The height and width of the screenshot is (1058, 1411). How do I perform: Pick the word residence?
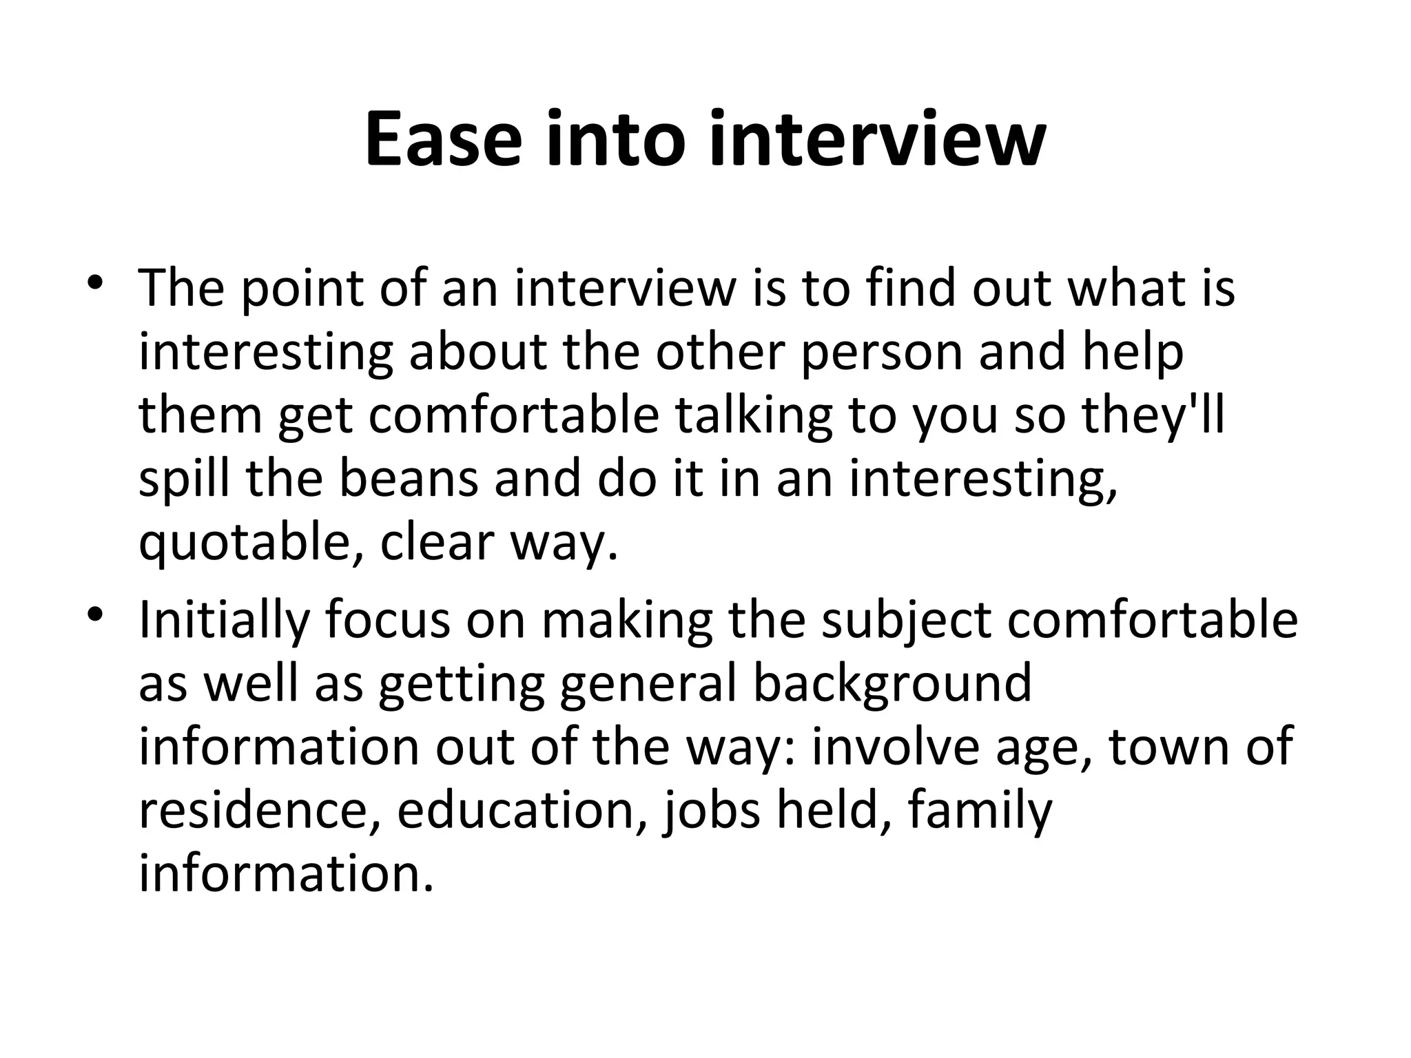[x=260, y=810]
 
